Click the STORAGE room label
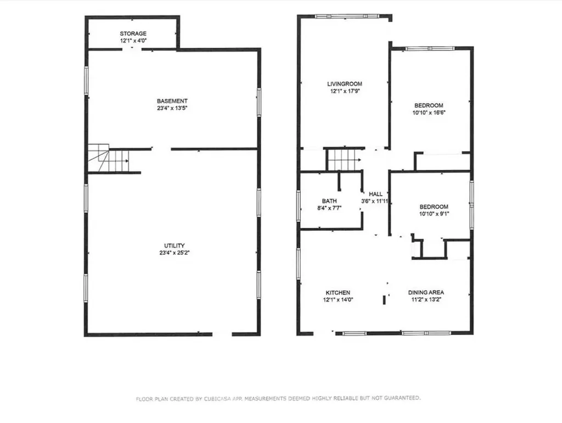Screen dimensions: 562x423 click(x=133, y=34)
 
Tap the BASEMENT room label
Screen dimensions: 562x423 click(x=172, y=101)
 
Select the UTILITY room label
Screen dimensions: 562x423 click(x=174, y=246)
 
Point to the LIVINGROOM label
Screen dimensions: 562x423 click(x=345, y=84)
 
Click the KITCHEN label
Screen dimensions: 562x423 click(x=338, y=293)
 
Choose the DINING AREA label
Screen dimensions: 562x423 click(x=426, y=292)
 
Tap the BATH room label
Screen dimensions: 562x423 click(x=329, y=201)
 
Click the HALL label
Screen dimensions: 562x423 click(x=375, y=194)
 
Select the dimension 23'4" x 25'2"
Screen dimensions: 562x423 click(x=174, y=253)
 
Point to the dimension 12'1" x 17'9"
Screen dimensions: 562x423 click(x=345, y=91)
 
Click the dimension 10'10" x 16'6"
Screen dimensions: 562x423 click(x=429, y=112)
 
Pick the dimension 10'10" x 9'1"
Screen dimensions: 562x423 click(x=434, y=214)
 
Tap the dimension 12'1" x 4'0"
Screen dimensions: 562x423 click(x=133, y=41)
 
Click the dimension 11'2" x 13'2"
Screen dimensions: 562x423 click(x=426, y=299)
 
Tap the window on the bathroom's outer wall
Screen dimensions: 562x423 click(x=298, y=205)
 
